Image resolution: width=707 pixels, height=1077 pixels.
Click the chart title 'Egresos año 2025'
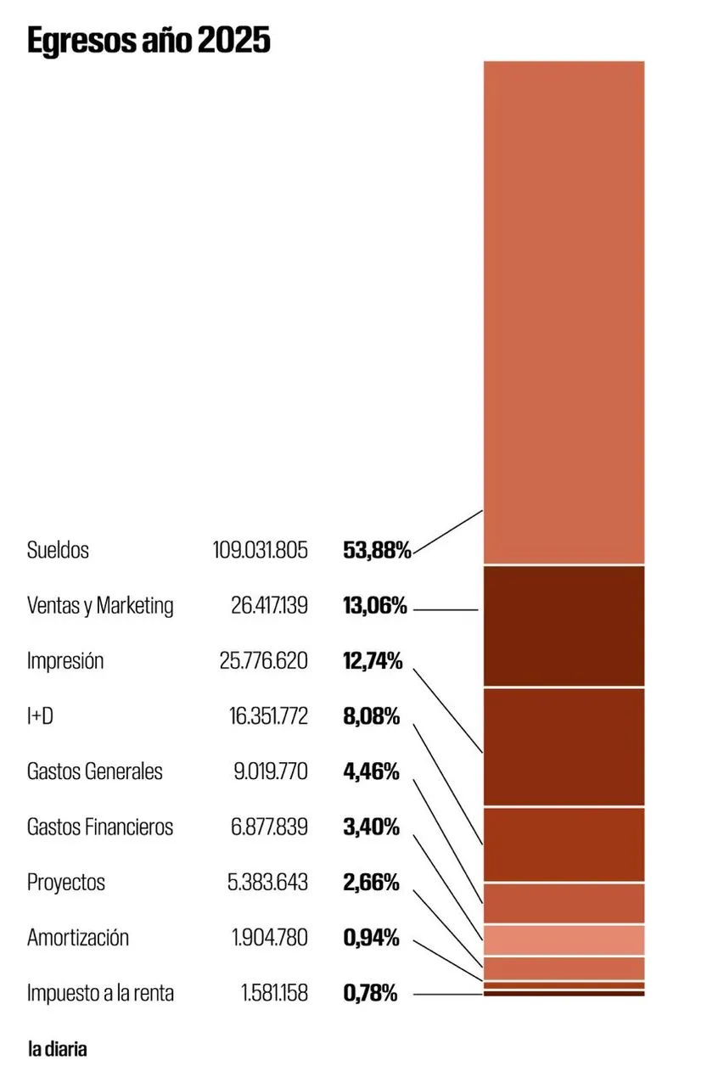[149, 40]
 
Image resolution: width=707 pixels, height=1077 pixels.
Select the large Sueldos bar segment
[564, 311]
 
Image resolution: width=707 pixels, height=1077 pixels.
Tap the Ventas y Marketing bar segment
[564, 625]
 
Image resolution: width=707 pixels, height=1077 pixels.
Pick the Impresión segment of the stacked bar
[564, 746]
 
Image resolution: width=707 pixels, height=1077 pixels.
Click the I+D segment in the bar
[564, 844]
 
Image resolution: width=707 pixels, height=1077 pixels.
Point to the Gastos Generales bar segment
[564, 903]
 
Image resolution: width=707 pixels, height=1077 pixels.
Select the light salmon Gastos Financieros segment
[564, 940]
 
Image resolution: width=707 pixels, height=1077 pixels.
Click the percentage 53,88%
[377, 550]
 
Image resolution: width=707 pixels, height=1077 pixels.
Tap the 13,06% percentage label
[375, 606]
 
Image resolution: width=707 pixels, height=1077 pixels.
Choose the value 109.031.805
[261, 550]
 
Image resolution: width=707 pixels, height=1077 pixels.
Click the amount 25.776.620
[263, 661]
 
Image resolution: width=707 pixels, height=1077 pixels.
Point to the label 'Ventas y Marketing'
[100, 606]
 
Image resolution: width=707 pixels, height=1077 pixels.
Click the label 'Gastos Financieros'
[100, 827]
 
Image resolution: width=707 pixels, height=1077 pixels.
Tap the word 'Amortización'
[78, 938]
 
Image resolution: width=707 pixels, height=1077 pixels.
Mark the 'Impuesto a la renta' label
[100, 993]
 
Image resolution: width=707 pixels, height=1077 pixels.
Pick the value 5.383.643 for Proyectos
[267, 883]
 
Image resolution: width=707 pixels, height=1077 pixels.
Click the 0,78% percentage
[370, 993]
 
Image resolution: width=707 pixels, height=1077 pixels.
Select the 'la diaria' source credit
[58, 1049]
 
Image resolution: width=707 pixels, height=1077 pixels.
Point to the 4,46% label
[371, 771]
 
